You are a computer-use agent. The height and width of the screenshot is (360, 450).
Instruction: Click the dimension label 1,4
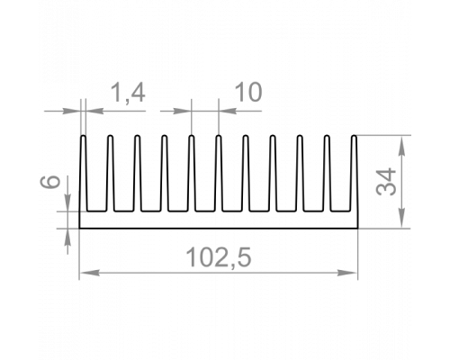click(129, 94)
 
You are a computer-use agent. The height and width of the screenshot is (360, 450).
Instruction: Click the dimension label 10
click(248, 93)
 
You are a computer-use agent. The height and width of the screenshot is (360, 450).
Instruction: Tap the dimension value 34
click(386, 182)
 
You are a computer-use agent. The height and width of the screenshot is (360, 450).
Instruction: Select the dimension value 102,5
click(219, 258)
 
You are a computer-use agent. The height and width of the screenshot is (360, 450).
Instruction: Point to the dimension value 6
click(50, 182)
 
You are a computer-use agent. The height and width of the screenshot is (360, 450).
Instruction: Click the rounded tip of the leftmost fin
click(83, 136)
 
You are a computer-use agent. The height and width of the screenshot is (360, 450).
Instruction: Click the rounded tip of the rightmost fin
click(354, 136)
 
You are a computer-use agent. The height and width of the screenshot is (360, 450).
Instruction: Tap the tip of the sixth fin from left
click(219, 136)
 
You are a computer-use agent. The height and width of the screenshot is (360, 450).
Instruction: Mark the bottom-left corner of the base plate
click(79, 229)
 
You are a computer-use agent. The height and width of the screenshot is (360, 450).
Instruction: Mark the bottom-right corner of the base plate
click(358, 229)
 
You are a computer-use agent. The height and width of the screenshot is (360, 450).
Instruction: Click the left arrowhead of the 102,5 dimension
click(89, 273)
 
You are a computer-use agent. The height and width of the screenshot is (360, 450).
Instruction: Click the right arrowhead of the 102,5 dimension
click(347, 273)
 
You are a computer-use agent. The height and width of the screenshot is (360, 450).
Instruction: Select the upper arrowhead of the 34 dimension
click(402, 145)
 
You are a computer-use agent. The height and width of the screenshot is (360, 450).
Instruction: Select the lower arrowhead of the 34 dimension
click(402, 219)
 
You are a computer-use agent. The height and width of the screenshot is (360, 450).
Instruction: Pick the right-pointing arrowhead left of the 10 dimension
click(182, 111)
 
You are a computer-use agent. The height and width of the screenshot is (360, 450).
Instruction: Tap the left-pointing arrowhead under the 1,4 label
click(95, 111)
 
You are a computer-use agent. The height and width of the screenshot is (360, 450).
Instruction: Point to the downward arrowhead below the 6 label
click(68, 202)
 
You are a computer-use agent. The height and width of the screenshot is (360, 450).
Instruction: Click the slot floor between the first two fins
click(96, 211)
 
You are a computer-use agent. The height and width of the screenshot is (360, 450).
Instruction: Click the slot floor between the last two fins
click(340, 211)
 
